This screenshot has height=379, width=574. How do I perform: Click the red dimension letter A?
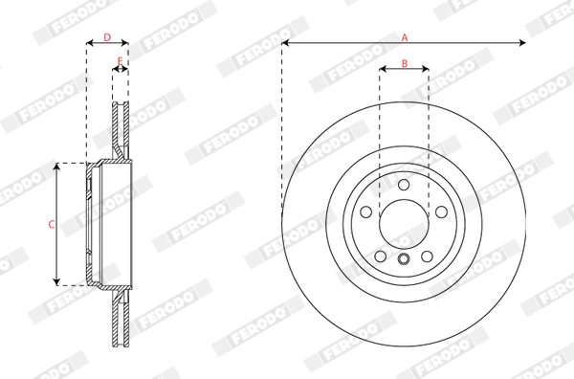coord(405,37)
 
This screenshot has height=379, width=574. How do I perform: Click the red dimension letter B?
coord(405,64)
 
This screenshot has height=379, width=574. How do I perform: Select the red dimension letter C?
coord(52,224)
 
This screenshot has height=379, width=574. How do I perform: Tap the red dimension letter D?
coord(107,37)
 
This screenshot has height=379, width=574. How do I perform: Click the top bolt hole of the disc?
coord(404,185)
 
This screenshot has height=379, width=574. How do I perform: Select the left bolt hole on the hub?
coord(366,212)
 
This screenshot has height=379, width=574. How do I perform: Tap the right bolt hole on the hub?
coord(441,212)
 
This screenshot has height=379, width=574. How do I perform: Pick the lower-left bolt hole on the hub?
coord(381,256)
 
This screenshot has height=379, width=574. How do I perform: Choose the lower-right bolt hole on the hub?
coord(427,256)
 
